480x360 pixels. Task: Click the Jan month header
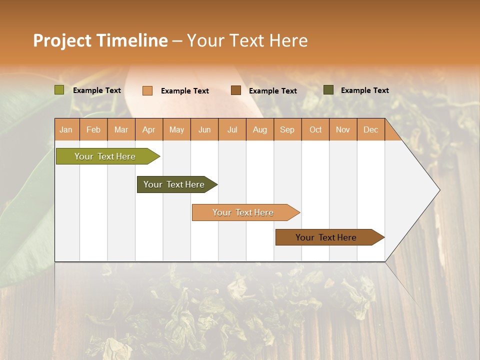pyautogui.click(x=66, y=129)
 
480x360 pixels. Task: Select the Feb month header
pyautogui.click(x=93, y=129)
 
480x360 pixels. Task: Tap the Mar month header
pyautogui.click(x=121, y=129)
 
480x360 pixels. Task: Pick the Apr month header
pyautogui.click(x=149, y=129)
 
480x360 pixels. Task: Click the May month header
pyautogui.click(x=176, y=129)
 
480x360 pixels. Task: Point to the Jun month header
pyautogui.click(x=204, y=129)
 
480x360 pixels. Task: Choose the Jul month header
pyautogui.click(x=232, y=129)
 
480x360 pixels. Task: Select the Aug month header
pyautogui.click(x=260, y=129)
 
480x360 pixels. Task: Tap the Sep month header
pyautogui.click(x=287, y=129)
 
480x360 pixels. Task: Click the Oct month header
pyautogui.click(x=315, y=129)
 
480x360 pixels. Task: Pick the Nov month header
pyautogui.click(x=343, y=129)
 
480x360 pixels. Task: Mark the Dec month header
pyautogui.click(x=370, y=129)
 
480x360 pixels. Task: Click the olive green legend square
pyautogui.click(x=59, y=90)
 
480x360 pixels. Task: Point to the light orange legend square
pyautogui.click(x=147, y=90)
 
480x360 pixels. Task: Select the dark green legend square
pyautogui.click(x=328, y=90)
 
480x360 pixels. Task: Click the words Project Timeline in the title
pyautogui.click(x=100, y=40)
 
